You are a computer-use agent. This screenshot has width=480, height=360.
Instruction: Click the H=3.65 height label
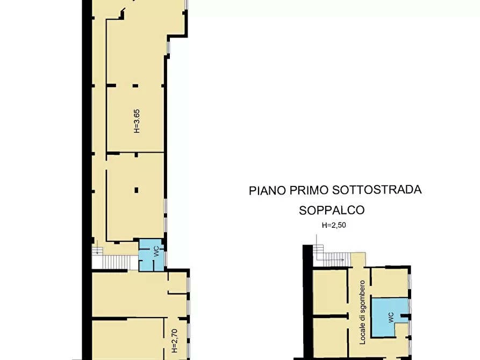[x=137, y=121]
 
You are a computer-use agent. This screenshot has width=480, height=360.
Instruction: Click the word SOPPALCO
[x=332, y=210]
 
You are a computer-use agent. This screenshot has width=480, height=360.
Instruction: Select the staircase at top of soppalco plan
[x=336, y=258]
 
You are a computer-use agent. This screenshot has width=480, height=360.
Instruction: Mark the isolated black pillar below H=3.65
[x=137, y=190]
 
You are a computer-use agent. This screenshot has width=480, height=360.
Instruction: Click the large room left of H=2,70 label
[x=127, y=339]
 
